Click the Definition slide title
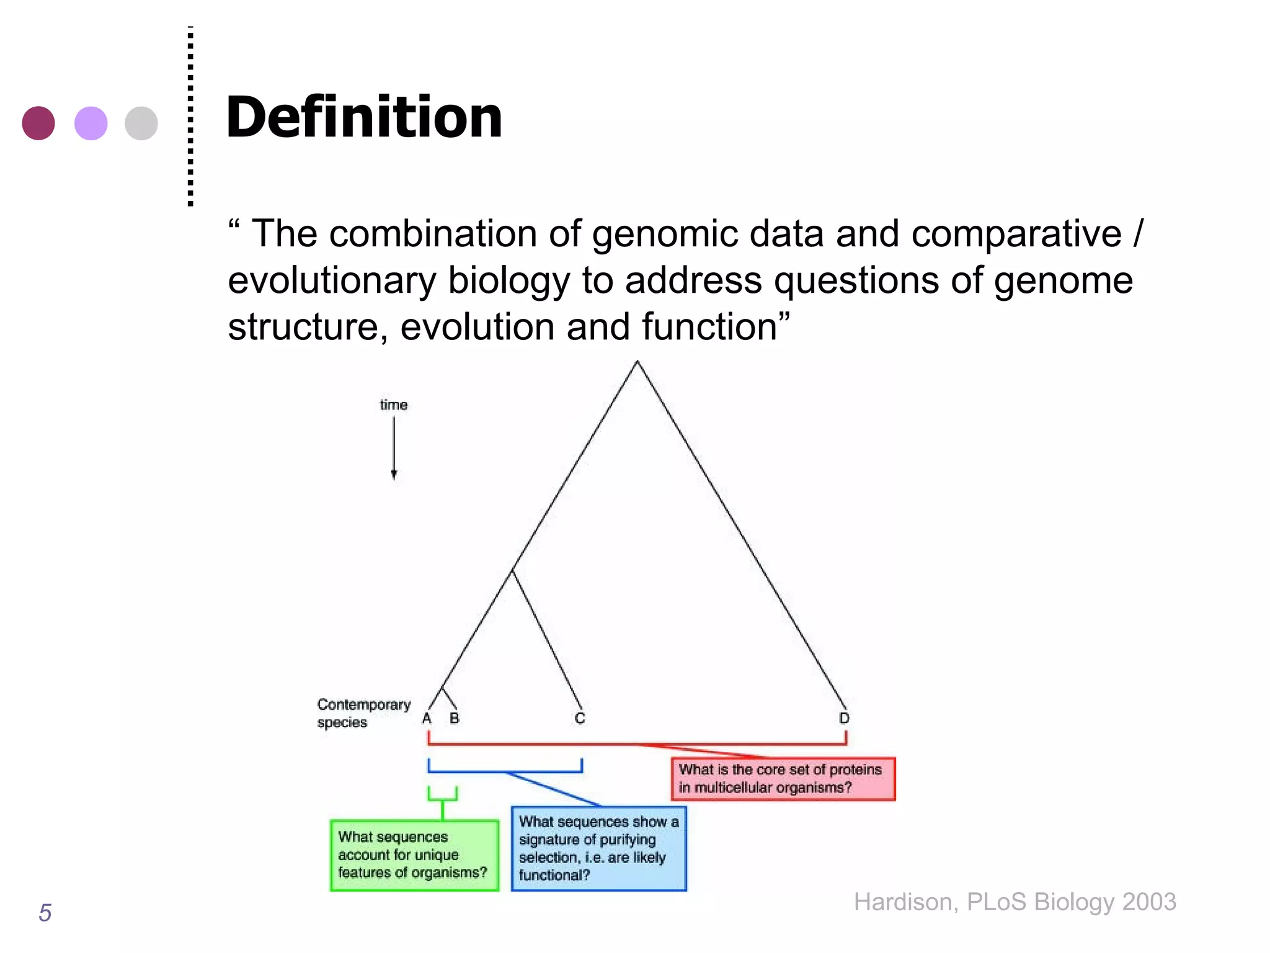[364, 117]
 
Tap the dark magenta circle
[38, 123]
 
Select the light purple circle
[91, 123]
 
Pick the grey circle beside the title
[141, 123]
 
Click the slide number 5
[45, 913]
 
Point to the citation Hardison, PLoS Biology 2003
[1015, 902]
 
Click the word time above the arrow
[393, 405]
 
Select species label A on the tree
[427, 718]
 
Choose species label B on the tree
[455, 718]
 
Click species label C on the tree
[580, 718]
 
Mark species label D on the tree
[844, 718]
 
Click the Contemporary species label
[363, 714]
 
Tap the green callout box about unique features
[414, 855]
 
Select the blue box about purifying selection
[598, 848]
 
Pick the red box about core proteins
[783, 779]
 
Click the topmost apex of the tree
[637, 362]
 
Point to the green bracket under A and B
[442, 797]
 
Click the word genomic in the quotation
[664, 235]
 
